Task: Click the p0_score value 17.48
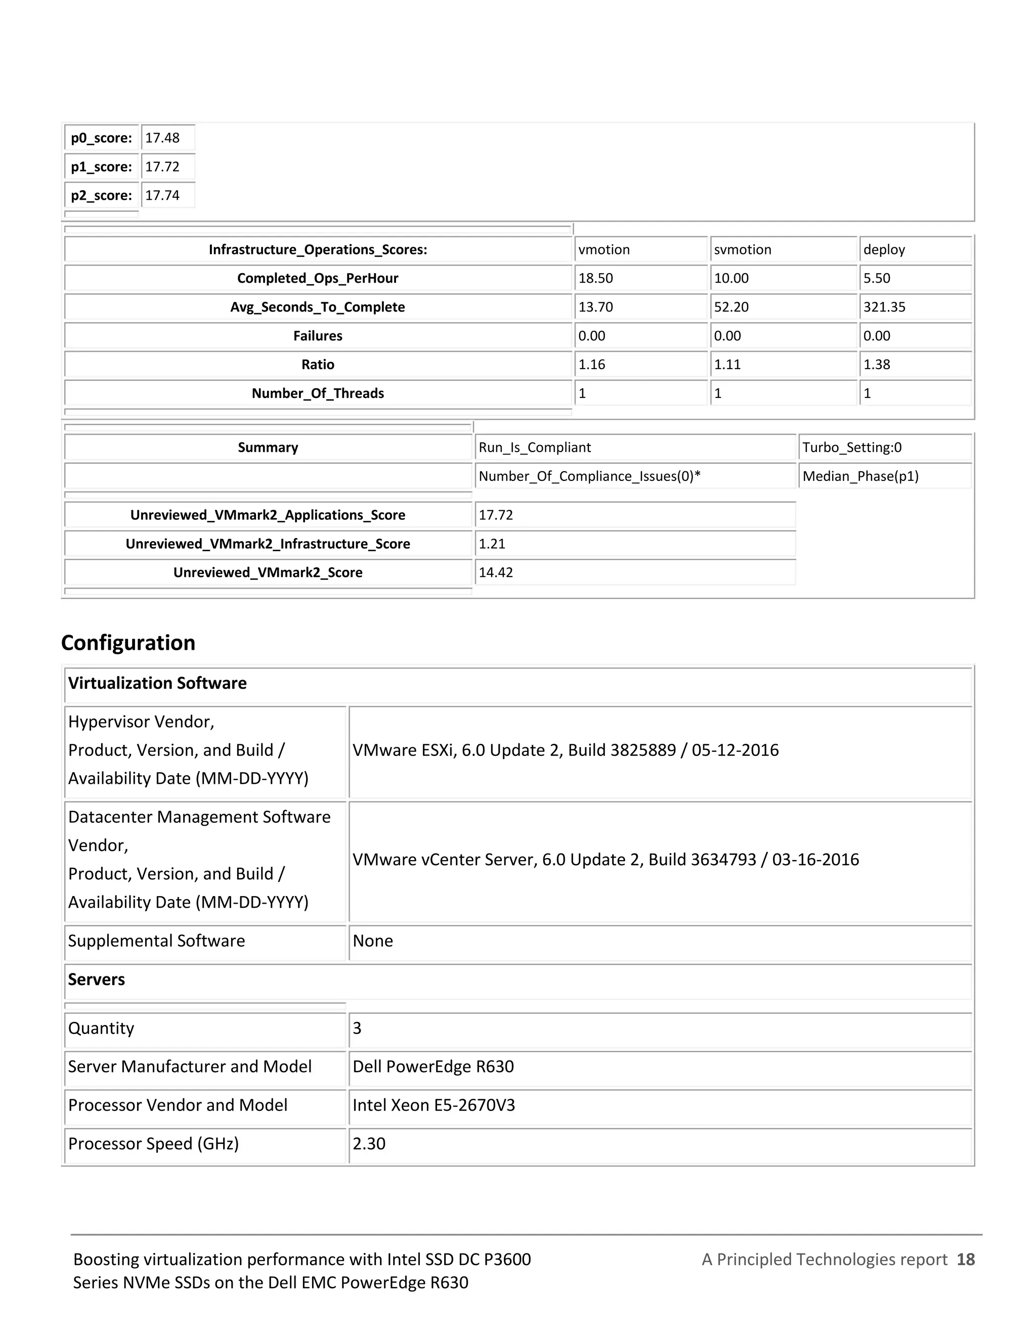tap(163, 138)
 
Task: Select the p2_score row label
tap(101, 196)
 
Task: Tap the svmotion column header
tap(743, 250)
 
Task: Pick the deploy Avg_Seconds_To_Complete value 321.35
tap(884, 307)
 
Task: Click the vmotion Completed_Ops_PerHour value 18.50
tap(596, 279)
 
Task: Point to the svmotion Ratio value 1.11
tap(728, 365)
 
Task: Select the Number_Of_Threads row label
tap(318, 394)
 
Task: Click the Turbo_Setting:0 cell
tap(852, 448)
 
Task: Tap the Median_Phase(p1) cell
tap(860, 477)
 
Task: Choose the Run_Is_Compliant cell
tap(535, 448)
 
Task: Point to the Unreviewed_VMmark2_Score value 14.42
tap(496, 573)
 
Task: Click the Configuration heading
tap(128, 643)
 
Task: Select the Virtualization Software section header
tap(158, 684)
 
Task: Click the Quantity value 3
tap(357, 1029)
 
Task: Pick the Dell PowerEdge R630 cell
tap(434, 1067)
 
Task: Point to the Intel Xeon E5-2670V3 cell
tap(434, 1105)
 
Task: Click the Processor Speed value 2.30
tap(369, 1144)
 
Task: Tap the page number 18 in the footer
tap(965, 1260)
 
